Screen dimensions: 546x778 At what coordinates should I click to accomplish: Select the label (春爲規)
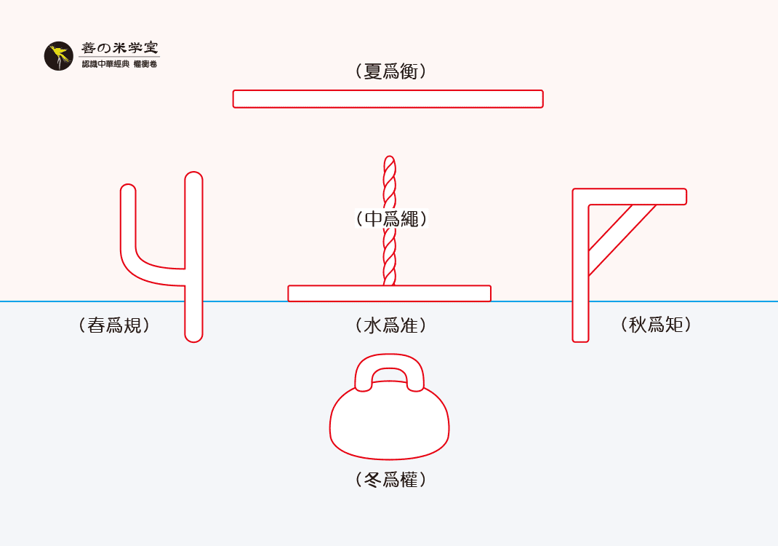[x=114, y=325]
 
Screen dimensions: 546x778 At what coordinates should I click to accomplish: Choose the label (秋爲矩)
[x=656, y=324]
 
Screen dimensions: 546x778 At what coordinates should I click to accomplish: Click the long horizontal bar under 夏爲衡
[x=388, y=99]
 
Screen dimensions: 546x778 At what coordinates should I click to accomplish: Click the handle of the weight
[x=389, y=363]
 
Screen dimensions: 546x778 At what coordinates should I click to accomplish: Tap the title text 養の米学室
[x=119, y=48]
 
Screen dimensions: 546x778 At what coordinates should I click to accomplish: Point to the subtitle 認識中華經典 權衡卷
[x=119, y=65]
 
